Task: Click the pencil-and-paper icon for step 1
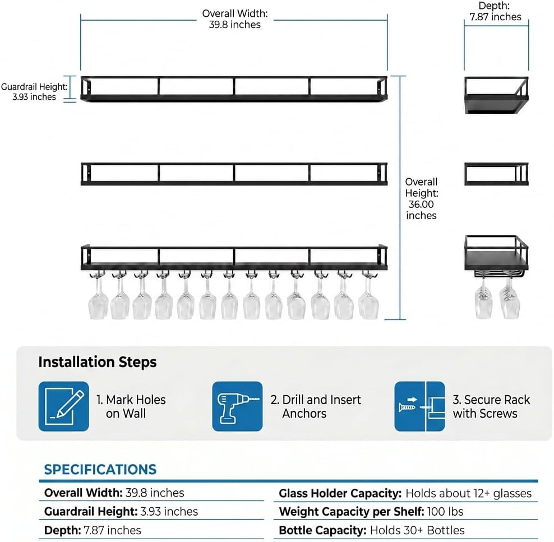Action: pyautogui.click(x=63, y=406)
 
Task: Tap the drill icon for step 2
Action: pyautogui.click(x=237, y=406)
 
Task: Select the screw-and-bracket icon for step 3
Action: pyautogui.click(x=420, y=406)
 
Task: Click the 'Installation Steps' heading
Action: pyautogui.click(x=98, y=362)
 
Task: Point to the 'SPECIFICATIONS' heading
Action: pyautogui.click(x=100, y=470)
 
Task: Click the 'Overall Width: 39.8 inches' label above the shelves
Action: pyautogui.click(x=235, y=19)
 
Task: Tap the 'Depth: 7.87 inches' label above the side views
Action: pyautogui.click(x=495, y=11)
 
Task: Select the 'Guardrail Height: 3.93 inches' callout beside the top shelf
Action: pyautogui.click(x=34, y=92)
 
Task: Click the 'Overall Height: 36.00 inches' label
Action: pyautogui.click(x=421, y=198)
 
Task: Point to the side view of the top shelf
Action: pyautogui.click(x=496, y=95)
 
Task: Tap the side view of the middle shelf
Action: pyautogui.click(x=496, y=174)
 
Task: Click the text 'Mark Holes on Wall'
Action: pyautogui.click(x=131, y=406)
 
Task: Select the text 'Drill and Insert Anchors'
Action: pyautogui.click(x=316, y=406)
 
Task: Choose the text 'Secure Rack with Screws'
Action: pyautogui.click(x=491, y=406)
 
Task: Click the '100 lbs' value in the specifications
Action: pyautogui.click(x=445, y=512)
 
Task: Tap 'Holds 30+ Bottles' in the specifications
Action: pyautogui.click(x=417, y=530)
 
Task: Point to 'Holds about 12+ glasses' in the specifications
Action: pyautogui.click(x=469, y=493)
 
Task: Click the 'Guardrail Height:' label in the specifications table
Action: pyautogui.click(x=91, y=512)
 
